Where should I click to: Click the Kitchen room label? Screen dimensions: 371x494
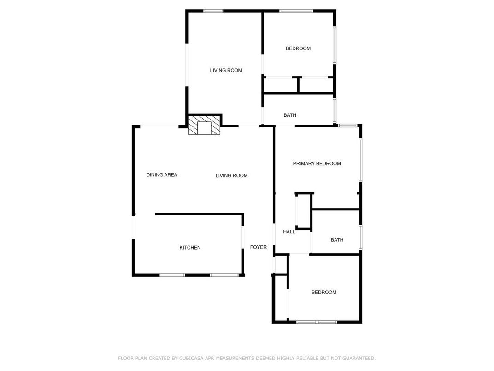[190, 248]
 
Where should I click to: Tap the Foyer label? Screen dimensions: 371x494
[258, 247]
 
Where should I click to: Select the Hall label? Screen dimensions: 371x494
[289, 232]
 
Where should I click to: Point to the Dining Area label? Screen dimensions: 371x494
[162, 175]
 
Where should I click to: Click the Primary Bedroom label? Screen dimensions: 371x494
[317, 164]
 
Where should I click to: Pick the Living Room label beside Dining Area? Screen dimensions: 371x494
[231, 175]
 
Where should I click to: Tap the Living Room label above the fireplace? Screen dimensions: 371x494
[226, 71]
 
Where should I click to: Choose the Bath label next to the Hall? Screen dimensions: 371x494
[337, 240]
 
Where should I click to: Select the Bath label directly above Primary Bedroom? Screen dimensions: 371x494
[290, 115]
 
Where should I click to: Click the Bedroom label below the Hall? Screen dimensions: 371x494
[323, 292]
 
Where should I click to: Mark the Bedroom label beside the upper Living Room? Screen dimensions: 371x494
[298, 48]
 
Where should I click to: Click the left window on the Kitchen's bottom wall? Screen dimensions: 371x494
[172, 275]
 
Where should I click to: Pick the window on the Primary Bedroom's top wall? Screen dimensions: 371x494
[348, 125]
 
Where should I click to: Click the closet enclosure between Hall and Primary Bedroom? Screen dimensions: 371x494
[304, 211]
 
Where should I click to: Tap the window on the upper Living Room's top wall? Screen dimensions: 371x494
[213, 11]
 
